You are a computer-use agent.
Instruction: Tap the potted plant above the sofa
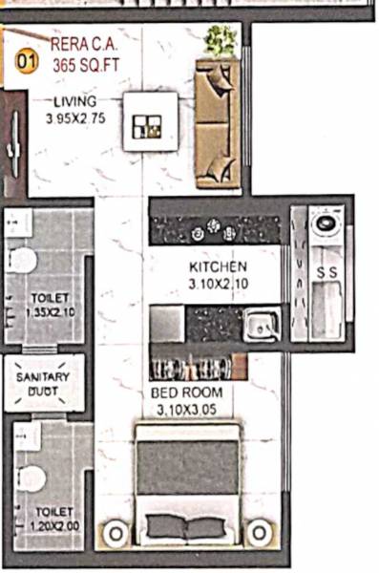[221, 40]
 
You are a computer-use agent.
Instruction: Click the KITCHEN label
[219, 266]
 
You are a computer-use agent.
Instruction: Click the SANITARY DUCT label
[43, 384]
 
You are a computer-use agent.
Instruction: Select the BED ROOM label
[187, 393]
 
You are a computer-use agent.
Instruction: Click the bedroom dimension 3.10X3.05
[187, 410]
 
